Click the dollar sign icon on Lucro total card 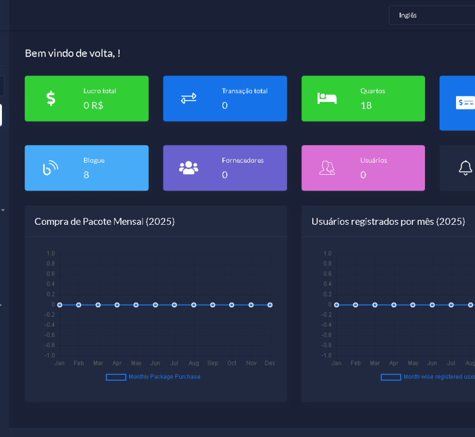point(51,98)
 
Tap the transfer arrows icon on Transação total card point(189,98)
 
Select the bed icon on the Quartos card point(327,98)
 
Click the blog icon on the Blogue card point(51,168)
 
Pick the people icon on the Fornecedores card point(189,168)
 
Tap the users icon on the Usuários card point(327,168)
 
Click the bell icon point(465,168)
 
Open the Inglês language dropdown point(431,15)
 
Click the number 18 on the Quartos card point(366,105)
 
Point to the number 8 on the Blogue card point(86,175)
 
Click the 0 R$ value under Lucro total point(93,105)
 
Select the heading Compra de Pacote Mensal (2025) point(104,221)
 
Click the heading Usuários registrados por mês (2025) point(388,221)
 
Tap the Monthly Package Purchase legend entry point(153,377)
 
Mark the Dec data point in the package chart point(270,305)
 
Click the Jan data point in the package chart point(60,305)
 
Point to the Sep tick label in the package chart point(213,364)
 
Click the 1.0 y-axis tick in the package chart point(51,253)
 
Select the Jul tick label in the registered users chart point(452,364)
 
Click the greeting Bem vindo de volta point(72,53)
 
